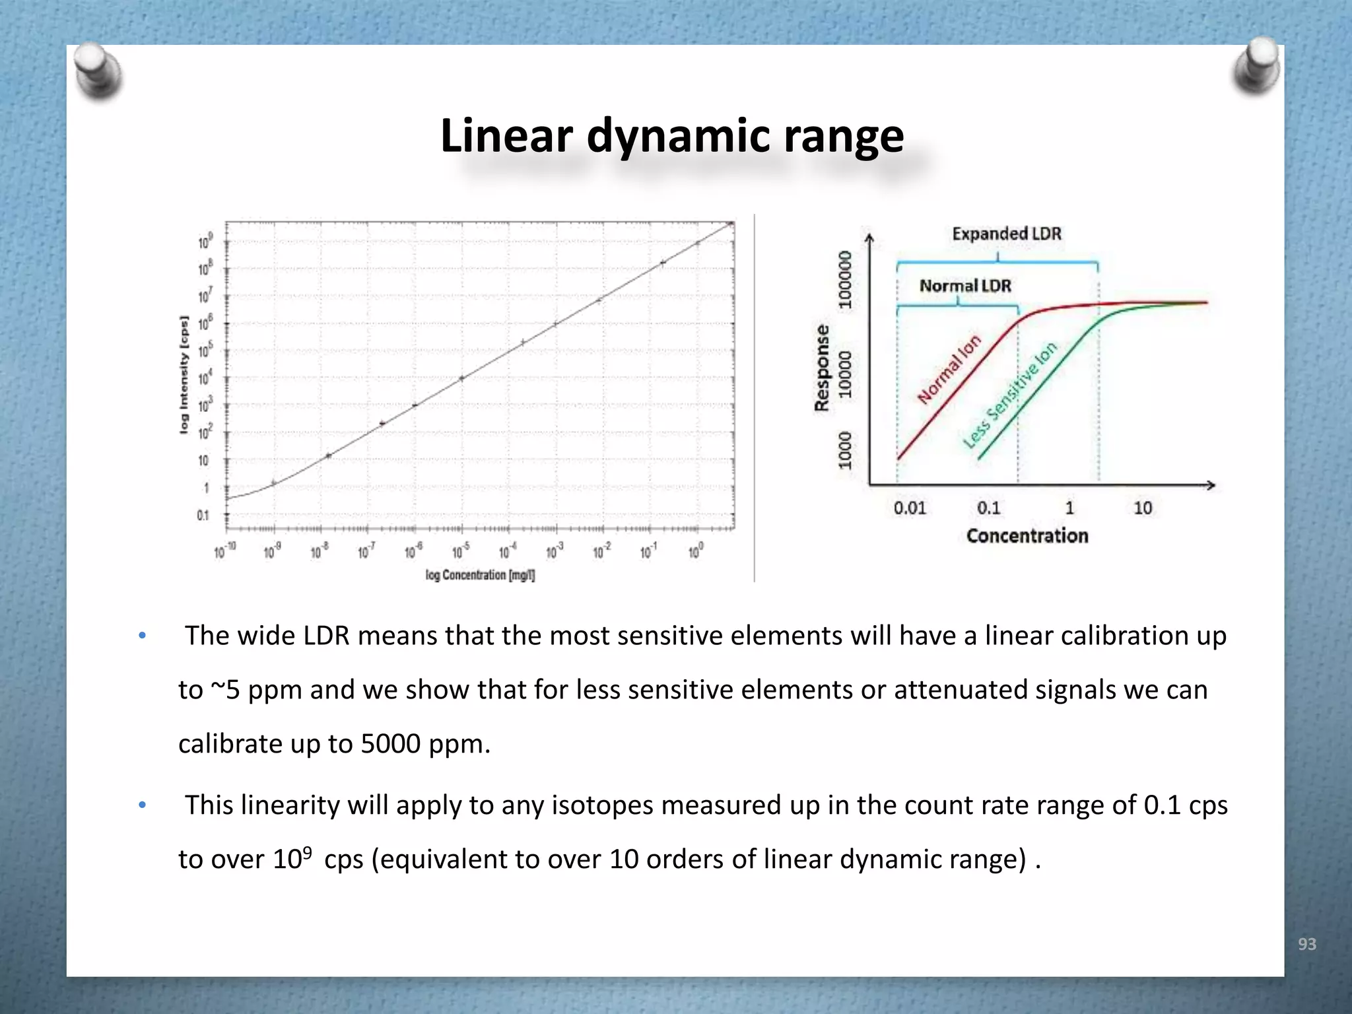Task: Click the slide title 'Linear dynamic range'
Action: tap(671, 136)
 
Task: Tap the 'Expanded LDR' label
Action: tap(1006, 234)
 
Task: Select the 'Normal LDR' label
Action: tap(965, 286)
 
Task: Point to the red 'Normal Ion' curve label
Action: tap(949, 369)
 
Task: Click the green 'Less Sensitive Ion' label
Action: tap(1009, 395)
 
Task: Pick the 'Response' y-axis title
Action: tap(822, 367)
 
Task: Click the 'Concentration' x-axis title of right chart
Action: tap(1027, 536)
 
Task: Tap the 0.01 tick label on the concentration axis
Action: tap(910, 508)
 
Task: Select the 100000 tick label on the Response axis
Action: tap(845, 280)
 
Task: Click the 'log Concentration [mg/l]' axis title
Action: tap(480, 575)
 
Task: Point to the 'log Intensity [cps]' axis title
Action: tap(184, 374)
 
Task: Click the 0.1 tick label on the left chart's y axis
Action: tap(203, 516)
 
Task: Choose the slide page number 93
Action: tap(1306, 944)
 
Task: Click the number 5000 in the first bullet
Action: tap(390, 744)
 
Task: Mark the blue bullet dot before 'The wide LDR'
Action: tap(142, 636)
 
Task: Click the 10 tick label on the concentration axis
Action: tap(1143, 508)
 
